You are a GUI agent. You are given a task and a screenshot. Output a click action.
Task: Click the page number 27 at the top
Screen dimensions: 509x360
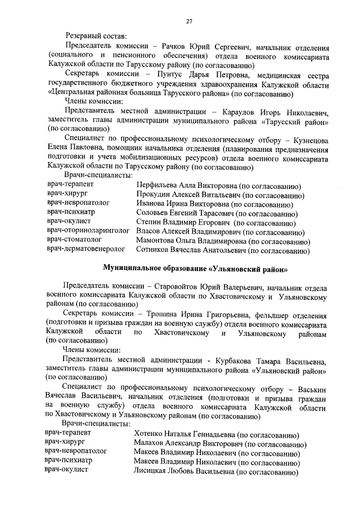(x=190, y=21)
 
